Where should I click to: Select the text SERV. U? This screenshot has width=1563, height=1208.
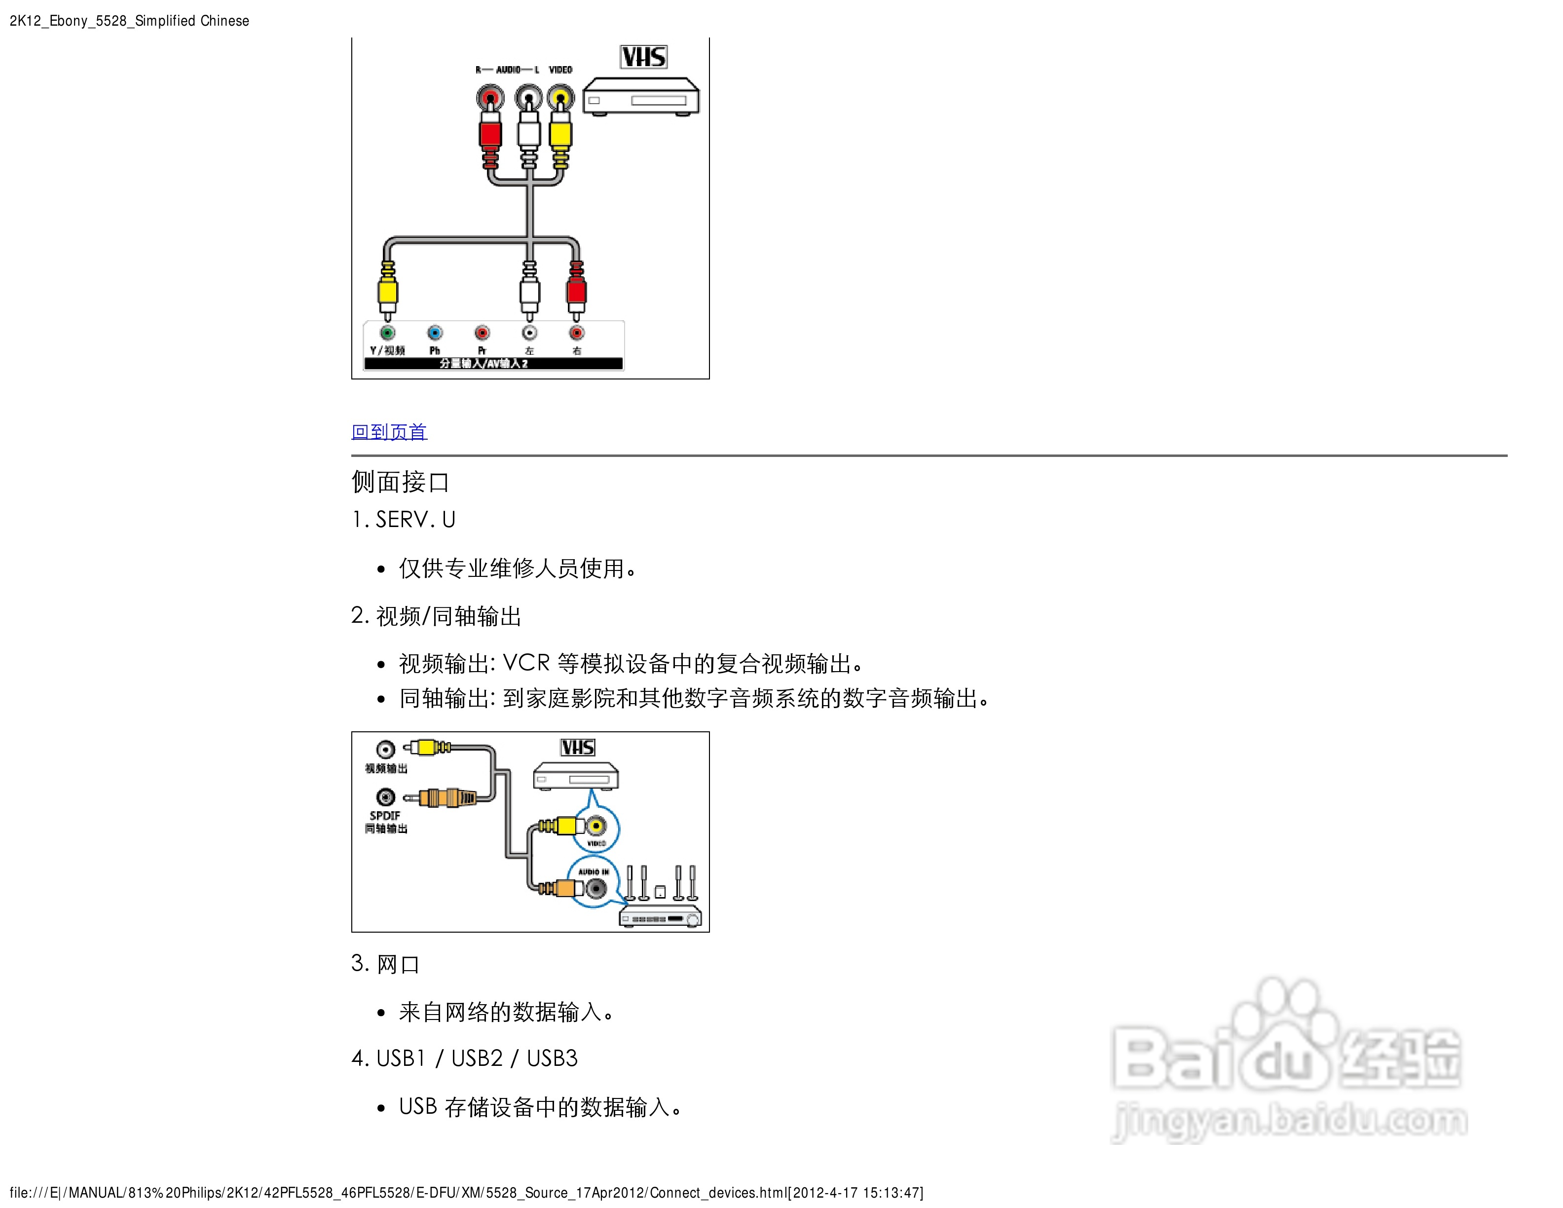(x=415, y=520)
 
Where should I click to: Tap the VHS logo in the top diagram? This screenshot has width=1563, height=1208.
(x=643, y=57)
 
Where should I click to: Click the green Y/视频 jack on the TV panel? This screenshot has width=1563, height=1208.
(x=387, y=333)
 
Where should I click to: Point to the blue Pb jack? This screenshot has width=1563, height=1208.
(x=434, y=333)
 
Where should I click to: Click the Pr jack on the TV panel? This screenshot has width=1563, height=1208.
(x=482, y=333)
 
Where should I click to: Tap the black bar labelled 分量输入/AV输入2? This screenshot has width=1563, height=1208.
(x=492, y=364)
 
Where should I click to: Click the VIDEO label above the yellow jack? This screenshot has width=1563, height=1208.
(x=560, y=70)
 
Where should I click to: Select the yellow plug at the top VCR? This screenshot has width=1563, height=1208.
(x=560, y=132)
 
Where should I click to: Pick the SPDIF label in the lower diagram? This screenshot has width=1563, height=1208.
(x=385, y=815)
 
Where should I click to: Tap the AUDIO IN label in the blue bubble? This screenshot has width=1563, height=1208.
(x=594, y=871)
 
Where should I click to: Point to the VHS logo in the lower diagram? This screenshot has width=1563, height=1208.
(x=578, y=748)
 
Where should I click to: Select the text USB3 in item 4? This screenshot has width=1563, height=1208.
(x=552, y=1058)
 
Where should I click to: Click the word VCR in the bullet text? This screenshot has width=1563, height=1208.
(x=526, y=663)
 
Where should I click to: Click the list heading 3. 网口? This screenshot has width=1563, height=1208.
(x=385, y=964)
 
